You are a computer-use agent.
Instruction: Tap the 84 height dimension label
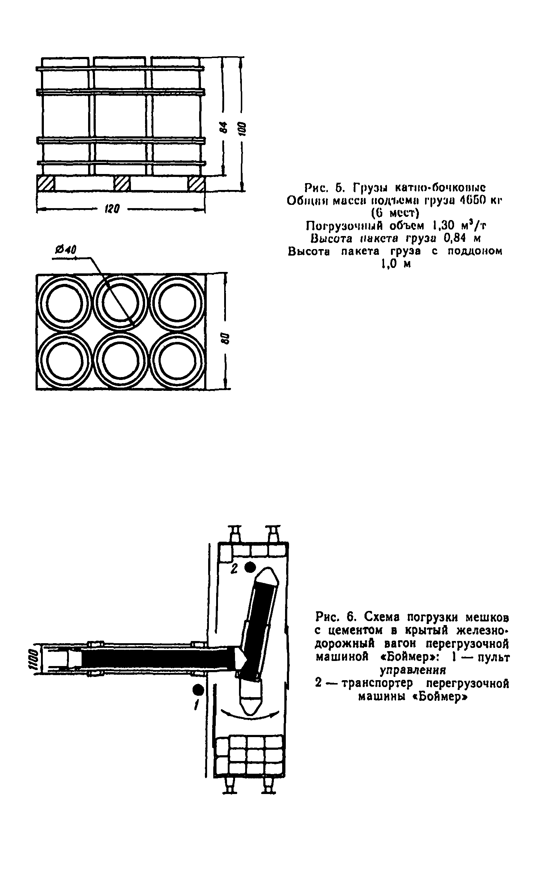(x=224, y=127)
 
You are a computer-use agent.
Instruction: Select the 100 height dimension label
(x=242, y=129)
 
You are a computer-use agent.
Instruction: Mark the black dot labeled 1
(x=198, y=688)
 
